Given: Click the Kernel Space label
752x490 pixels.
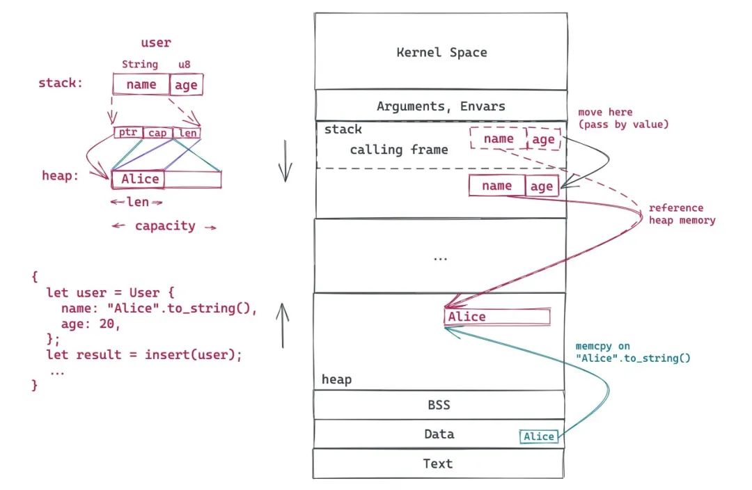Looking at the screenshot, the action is (441, 52).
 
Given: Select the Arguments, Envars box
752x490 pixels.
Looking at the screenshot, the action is (441, 105).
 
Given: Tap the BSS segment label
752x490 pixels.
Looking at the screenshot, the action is (439, 404).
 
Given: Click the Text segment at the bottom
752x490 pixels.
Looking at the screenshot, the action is (438, 463).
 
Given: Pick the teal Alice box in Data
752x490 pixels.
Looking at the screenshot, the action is (539, 436).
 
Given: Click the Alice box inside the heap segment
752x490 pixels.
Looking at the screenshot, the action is (497, 317).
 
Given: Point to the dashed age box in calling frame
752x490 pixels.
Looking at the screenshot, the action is (544, 139).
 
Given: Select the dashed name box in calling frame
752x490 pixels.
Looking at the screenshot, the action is (499, 139).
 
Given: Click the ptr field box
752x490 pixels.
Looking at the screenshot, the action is (128, 132).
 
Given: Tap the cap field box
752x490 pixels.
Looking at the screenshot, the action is (158, 133).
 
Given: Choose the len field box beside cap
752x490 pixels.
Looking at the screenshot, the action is (187, 133).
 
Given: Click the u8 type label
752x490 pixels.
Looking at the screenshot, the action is (184, 64).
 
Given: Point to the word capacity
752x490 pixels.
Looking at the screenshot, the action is (165, 226).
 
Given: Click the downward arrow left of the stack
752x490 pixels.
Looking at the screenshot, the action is (285, 161).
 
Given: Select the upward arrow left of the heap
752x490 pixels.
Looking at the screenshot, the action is (283, 326).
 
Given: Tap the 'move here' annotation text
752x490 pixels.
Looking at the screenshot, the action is (605, 112).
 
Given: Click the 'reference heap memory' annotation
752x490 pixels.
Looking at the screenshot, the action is (682, 214).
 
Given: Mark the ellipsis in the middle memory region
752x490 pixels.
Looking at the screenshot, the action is (440, 259).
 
